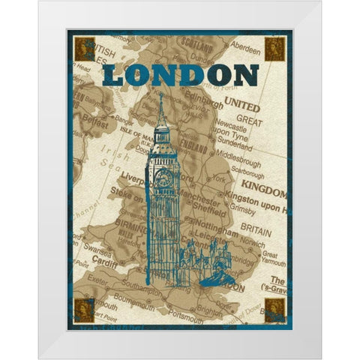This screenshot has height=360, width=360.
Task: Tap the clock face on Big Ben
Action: [163, 178]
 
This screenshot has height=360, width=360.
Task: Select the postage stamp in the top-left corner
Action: [81, 50]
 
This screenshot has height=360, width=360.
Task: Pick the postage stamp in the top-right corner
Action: [273, 50]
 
